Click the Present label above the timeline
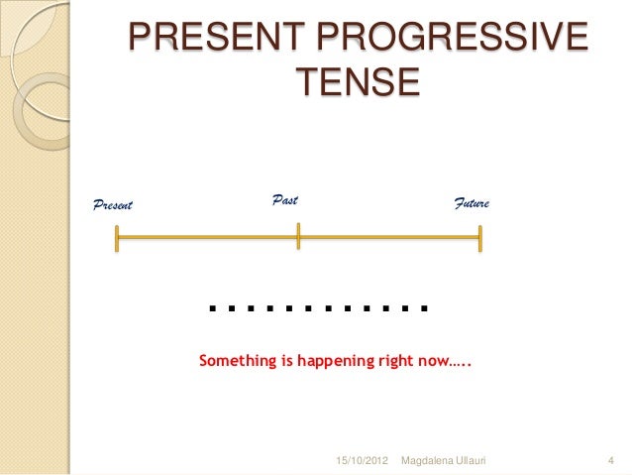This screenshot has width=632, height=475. click(112, 205)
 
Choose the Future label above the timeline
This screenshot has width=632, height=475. click(473, 203)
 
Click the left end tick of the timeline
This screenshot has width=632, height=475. click(117, 238)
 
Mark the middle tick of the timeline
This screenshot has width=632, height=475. click(298, 238)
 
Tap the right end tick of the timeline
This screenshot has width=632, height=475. click(480, 238)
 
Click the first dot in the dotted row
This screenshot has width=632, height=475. click(213, 307)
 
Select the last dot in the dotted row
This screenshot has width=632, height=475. click(424, 307)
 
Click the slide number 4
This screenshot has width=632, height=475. click(611, 462)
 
